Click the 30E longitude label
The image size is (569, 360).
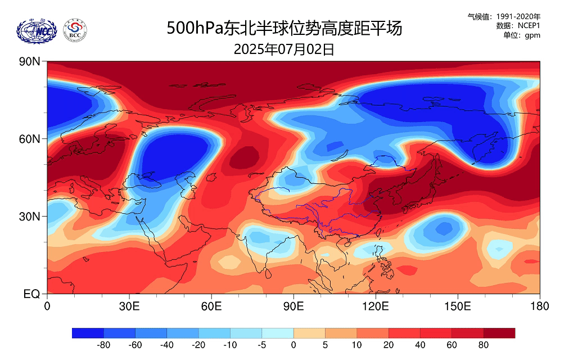tap(129, 307)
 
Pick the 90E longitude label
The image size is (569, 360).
tap(293, 307)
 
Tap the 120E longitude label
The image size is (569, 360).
tap(376, 307)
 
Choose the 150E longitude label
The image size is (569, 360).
tap(458, 307)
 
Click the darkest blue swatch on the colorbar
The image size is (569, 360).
tap(88, 333)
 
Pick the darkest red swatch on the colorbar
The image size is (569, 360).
tap(499, 333)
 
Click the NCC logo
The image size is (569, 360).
tap(37, 30)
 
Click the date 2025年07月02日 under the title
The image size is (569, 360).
tap(284, 49)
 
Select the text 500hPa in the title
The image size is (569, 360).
tap(195, 28)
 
